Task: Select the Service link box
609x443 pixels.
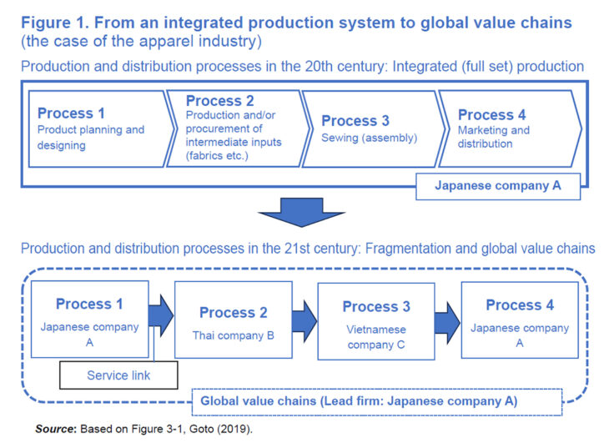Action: pyautogui.click(x=118, y=375)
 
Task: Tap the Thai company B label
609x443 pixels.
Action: pyautogui.click(x=234, y=336)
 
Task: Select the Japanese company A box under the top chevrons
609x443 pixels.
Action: pyautogui.click(x=497, y=185)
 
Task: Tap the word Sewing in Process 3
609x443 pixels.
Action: pyautogui.click(x=342, y=138)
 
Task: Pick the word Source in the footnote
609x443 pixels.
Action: pyautogui.click(x=55, y=428)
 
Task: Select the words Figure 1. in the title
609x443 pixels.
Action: pyautogui.click(x=56, y=23)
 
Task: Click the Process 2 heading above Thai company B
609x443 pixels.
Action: pyautogui.click(x=234, y=313)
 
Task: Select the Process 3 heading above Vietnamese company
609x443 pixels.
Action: pyautogui.click(x=376, y=306)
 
